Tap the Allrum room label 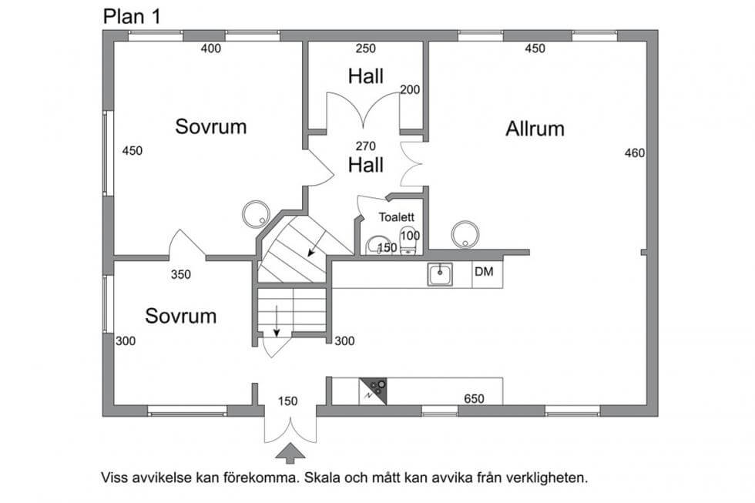pyautogui.click(x=535, y=129)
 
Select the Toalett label pyautogui.click(x=396, y=217)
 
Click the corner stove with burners pyautogui.click(x=375, y=391)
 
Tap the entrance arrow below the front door pyautogui.click(x=290, y=453)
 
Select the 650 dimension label pyautogui.click(x=474, y=399)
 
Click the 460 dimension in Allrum pyautogui.click(x=634, y=153)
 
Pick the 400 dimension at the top pyautogui.click(x=210, y=49)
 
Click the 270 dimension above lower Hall pyautogui.click(x=364, y=145)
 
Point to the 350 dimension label pyautogui.click(x=180, y=274)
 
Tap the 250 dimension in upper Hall pyautogui.click(x=365, y=49)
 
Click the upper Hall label pyautogui.click(x=365, y=76)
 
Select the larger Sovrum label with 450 pyautogui.click(x=210, y=126)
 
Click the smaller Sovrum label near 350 pyautogui.click(x=180, y=316)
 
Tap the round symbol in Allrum pyautogui.click(x=465, y=233)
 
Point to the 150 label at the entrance pyautogui.click(x=287, y=401)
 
